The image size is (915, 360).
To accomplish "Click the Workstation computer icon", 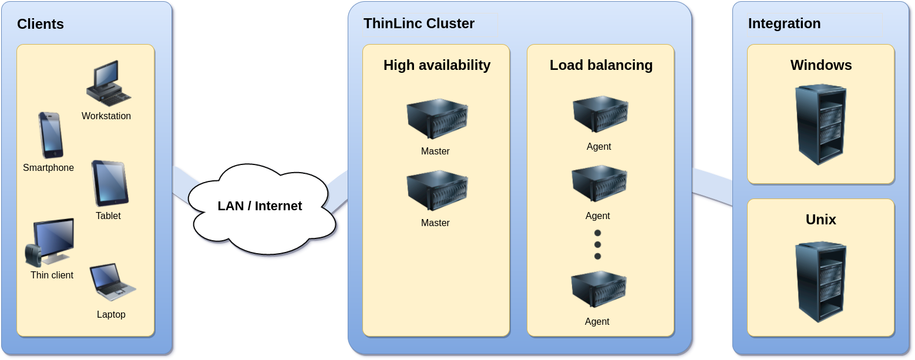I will click(107, 83).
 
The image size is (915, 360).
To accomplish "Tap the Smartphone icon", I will click(51, 135).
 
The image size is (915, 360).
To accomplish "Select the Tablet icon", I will click(110, 183).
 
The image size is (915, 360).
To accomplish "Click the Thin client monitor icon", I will click(51, 243).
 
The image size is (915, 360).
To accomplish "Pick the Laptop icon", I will click(112, 282).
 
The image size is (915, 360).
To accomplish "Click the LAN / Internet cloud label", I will click(260, 206).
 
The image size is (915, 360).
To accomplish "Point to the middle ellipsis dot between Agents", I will click(598, 244).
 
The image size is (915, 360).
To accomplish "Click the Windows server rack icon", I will click(820, 125).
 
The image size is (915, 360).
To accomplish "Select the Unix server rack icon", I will click(820, 281).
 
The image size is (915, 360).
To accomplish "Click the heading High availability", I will click(437, 65).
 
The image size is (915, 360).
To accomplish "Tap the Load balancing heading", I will click(601, 65).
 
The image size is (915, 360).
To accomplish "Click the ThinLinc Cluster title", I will click(419, 23).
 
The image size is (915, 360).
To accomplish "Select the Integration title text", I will click(784, 23).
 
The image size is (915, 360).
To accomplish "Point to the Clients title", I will click(41, 24).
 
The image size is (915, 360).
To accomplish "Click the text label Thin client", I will click(52, 275).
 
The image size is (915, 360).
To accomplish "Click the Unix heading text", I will click(820, 220).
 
